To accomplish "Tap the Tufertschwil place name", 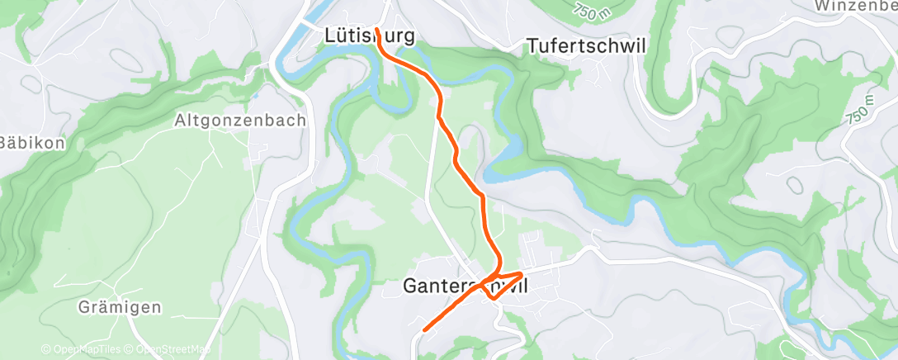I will [586, 46].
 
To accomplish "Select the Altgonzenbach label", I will [240, 121].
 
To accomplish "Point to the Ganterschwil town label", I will [465, 286].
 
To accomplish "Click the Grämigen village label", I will [120, 308].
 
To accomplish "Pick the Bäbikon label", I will [31, 142].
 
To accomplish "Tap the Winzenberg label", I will [857, 6].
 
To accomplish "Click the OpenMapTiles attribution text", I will [83, 349].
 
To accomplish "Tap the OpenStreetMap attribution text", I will [168, 349].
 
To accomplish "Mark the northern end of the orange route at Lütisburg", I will [376, 29].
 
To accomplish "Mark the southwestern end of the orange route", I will [424, 330].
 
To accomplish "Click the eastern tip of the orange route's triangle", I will [522, 273].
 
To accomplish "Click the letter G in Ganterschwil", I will [410, 286].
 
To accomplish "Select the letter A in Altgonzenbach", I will [181, 121].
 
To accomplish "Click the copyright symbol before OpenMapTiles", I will [45, 349].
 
